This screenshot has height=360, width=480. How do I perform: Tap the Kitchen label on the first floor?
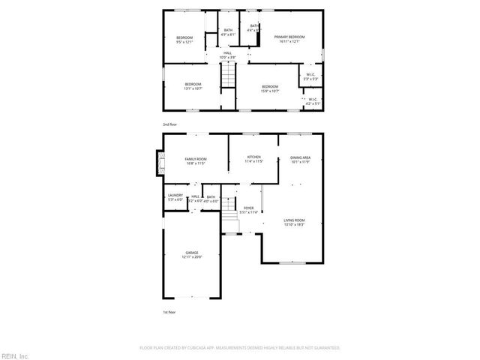pyautogui.click(x=254, y=159)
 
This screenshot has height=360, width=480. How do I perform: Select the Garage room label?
pyautogui.click(x=192, y=255)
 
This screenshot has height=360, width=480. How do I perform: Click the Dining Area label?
pyautogui.click(x=301, y=159)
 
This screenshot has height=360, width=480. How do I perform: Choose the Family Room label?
pyautogui.click(x=196, y=160)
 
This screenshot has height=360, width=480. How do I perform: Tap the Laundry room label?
pyautogui.click(x=175, y=198)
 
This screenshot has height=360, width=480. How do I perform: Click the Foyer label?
pyautogui.click(x=248, y=210)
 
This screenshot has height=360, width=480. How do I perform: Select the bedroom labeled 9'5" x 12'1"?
pyautogui.click(x=184, y=39)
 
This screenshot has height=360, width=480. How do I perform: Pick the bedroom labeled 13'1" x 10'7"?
pyautogui.click(x=193, y=86)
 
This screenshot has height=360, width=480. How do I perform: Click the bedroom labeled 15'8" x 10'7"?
pyautogui.click(x=270, y=89)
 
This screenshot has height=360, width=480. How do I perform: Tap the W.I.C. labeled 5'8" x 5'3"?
pyautogui.click(x=310, y=76)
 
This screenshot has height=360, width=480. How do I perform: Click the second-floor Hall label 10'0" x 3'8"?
pyautogui.click(x=227, y=54)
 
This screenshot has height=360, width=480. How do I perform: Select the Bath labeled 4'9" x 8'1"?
pyautogui.click(x=229, y=32)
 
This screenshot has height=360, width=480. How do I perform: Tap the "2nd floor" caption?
pyautogui.click(x=170, y=124)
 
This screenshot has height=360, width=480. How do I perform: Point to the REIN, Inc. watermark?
pyautogui.click(x=15, y=355)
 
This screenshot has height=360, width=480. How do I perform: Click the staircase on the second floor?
pyautogui.click(x=227, y=75)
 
